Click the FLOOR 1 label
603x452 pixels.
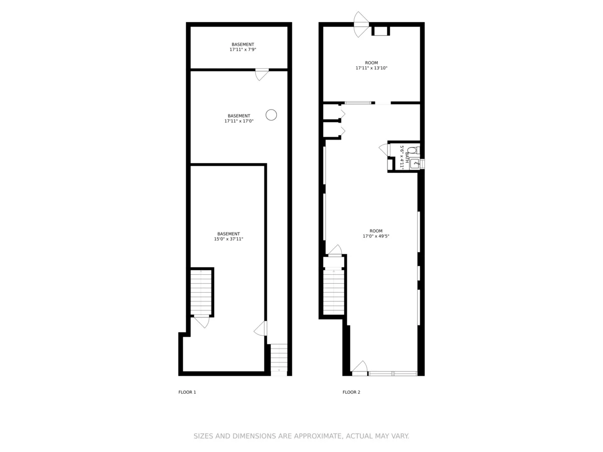point(187,392)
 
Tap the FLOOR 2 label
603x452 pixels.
point(351,392)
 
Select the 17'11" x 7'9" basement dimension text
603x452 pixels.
point(243,50)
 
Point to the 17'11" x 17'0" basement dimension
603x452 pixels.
point(239,121)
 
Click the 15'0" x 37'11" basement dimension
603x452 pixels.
point(229,239)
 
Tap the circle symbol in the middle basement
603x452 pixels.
point(271,115)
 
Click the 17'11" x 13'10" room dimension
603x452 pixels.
point(371,68)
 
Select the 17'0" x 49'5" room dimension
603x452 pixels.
point(376,236)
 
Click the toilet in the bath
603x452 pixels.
point(412,150)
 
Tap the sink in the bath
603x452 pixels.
point(415,163)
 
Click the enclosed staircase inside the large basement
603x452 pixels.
point(201,292)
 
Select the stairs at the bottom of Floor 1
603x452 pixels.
point(279,358)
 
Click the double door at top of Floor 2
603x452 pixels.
point(361,24)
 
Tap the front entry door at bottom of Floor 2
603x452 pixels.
point(360,369)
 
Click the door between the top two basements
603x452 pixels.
point(262,74)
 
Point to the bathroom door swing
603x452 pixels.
point(384,149)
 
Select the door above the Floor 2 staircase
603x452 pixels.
point(335,251)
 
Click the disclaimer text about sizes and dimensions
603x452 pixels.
point(301,436)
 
